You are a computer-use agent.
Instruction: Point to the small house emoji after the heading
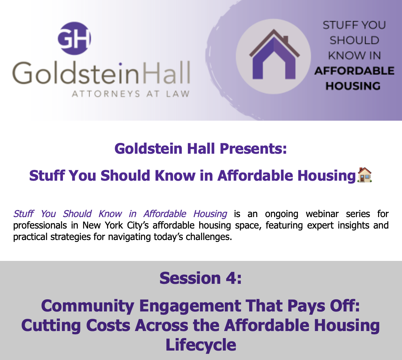tap(364, 175)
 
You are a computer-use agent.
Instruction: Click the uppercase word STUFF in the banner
tap(337, 25)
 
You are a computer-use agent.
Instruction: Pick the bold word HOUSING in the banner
tap(353, 86)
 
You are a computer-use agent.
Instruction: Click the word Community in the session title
tap(88, 306)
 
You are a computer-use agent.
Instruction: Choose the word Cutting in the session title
tap(51, 325)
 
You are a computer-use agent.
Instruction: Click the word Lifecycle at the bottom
tap(201, 345)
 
